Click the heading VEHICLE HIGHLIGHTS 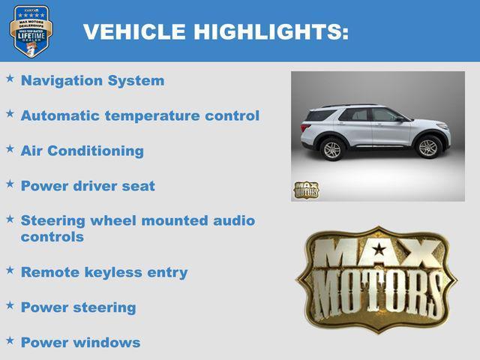point(215,31)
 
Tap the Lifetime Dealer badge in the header point(30,31)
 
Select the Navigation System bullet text point(92,80)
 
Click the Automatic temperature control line point(139,115)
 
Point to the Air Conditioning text point(82,151)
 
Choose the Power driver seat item point(88,185)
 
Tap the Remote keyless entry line point(103,272)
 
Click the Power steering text point(78,307)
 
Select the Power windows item point(80,342)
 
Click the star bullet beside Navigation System point(10,78)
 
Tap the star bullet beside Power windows point(10,340)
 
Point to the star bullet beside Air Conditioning point(10,148)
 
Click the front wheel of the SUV point(428,148)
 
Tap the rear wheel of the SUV point(331,150)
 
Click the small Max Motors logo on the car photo point(305,190)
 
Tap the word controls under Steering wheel point(52,237)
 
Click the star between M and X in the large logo point(379,250)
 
